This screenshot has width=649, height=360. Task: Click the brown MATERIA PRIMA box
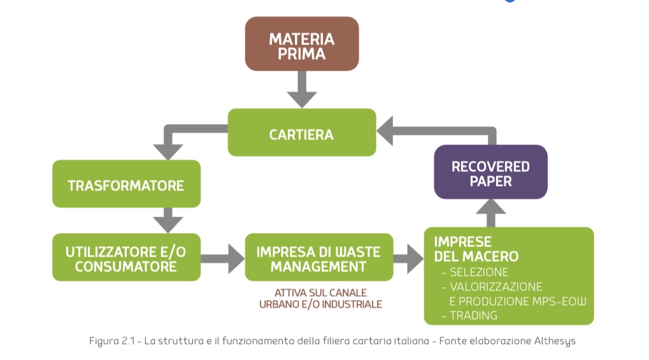click(x=302, y=43)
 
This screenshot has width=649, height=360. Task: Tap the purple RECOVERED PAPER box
click(x=490, y=172)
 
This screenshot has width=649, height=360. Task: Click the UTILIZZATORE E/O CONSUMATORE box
click(x=126, y=257)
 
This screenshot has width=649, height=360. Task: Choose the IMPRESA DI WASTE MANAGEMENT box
click(x=318, y=257)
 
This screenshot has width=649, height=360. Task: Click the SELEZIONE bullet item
click(x=479, y=272)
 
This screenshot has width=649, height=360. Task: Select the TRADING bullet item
click(x=473, y=315)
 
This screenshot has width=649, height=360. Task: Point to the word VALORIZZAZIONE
click(x=496, y=287)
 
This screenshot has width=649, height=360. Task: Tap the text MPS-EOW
click(x=560, y=301)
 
